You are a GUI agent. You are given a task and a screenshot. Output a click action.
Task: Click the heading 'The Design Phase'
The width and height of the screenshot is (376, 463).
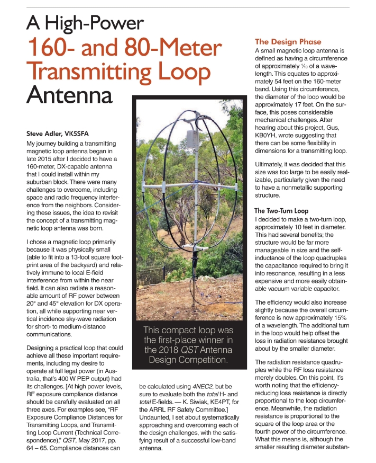[288, 41]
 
